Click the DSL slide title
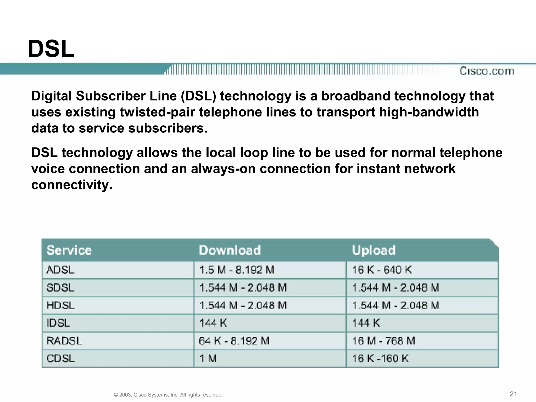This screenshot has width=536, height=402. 51,49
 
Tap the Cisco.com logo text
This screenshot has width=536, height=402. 487,71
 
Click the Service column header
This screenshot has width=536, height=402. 69,250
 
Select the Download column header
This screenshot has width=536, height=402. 230,250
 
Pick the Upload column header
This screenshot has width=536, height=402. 373,250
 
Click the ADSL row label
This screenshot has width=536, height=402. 60,270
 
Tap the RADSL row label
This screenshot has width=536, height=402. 64,341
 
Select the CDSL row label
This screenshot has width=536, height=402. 60,358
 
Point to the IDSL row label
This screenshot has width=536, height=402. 58,323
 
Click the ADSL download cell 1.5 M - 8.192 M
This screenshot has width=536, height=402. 237,270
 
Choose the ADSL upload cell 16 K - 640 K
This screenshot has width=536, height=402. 382,270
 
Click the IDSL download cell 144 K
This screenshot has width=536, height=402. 213,323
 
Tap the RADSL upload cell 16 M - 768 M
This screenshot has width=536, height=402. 384,341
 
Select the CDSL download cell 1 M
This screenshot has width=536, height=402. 208,358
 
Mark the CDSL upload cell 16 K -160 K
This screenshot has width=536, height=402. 380,358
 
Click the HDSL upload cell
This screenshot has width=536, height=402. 396,305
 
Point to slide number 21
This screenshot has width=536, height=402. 513,394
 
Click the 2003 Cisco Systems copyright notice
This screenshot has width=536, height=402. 168,395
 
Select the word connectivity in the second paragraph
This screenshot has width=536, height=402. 72,185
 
